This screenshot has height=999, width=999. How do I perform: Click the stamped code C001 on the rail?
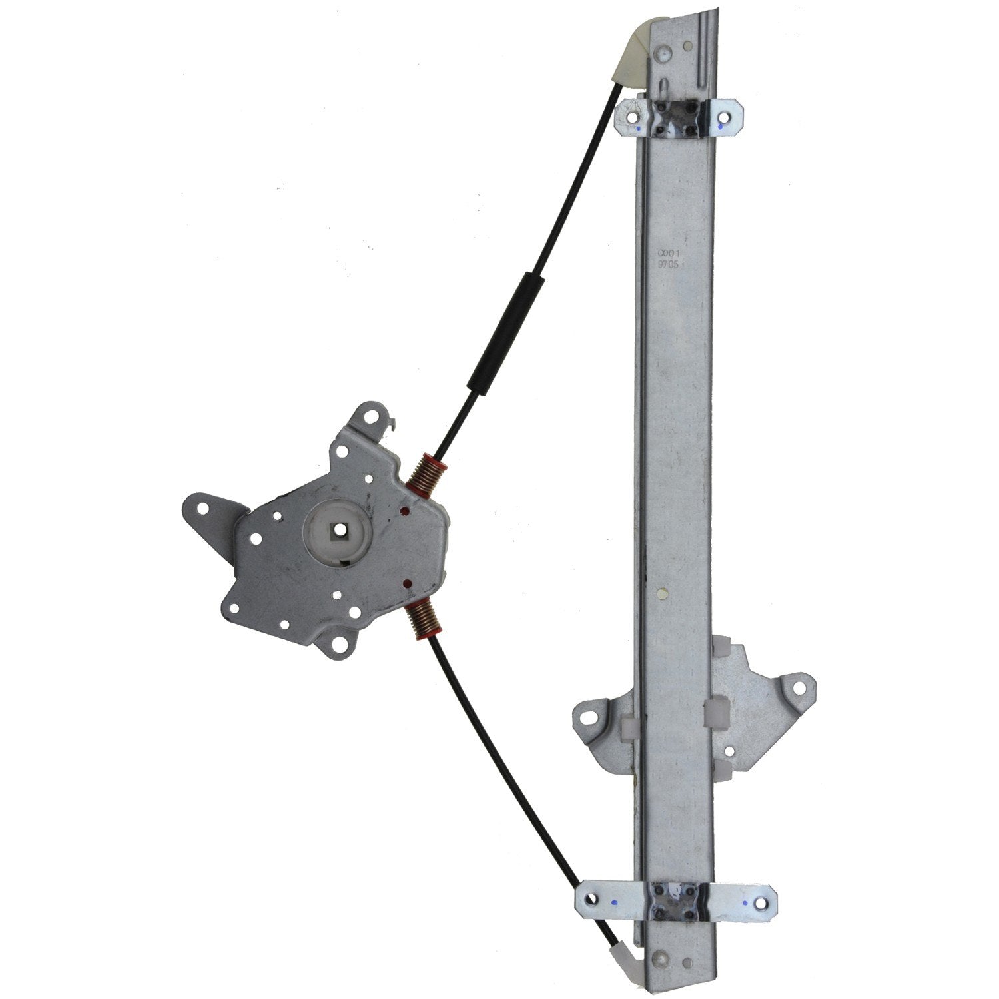tap(667, 253)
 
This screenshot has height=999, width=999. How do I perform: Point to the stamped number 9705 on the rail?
tap(667, 264)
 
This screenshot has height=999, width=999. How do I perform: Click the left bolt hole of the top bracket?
tap(627, 115)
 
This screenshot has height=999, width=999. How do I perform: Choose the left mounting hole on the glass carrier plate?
tap(589, 717)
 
